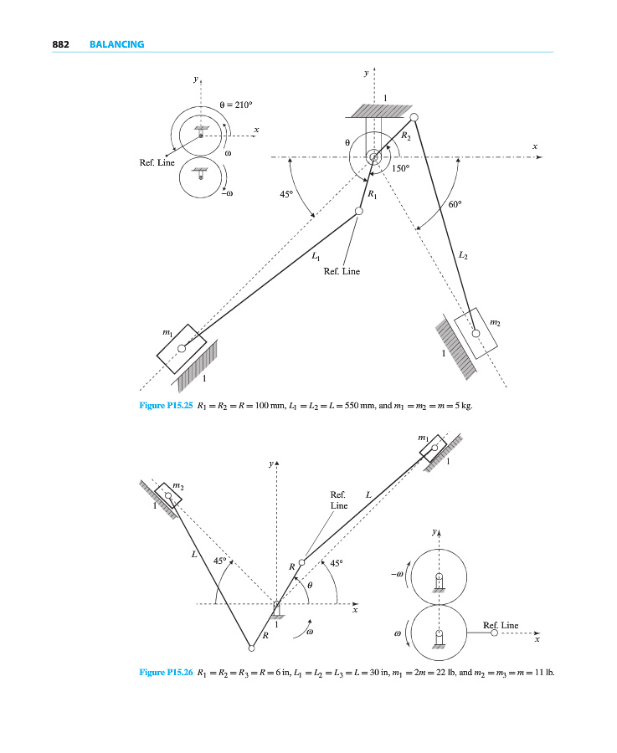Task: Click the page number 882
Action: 60,44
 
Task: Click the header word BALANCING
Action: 116,44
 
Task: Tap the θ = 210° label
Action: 234,105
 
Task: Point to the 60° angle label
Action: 456,202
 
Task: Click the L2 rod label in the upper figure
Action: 464,253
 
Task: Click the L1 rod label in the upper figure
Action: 315,259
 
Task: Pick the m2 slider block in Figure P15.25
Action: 476,333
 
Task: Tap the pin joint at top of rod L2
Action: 414,118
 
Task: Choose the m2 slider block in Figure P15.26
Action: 169,496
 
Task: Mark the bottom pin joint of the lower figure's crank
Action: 250,647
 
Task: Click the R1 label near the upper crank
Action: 373,195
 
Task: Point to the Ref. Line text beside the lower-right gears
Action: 501,625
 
